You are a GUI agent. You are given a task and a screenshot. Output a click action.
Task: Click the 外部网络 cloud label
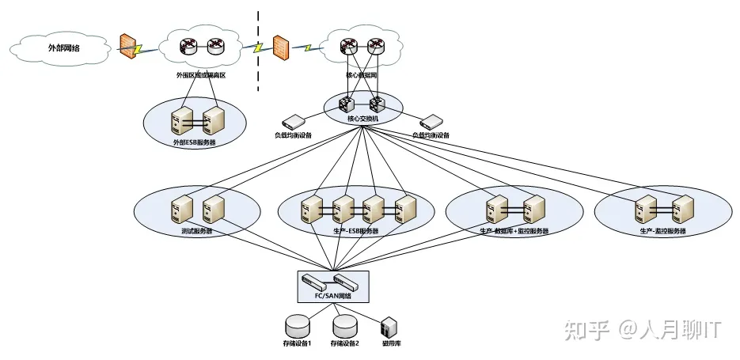(64, 47)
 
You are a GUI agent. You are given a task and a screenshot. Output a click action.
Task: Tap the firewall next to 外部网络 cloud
(127, 46)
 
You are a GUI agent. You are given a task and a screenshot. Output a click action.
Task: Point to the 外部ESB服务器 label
(195, 142)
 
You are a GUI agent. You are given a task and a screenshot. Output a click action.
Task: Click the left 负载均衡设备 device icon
(294, 121)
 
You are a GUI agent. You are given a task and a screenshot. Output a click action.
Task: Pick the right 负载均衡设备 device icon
(431, 121)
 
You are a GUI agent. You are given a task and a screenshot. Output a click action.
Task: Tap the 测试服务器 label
(196, 231)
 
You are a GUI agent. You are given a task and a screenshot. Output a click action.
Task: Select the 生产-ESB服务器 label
(356, 231)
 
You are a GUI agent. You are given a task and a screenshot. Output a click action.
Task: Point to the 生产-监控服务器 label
(662, 231)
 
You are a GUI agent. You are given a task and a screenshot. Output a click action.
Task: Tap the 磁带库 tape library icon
(389, 327)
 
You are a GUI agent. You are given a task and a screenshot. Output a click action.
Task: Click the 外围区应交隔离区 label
(200, 75)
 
